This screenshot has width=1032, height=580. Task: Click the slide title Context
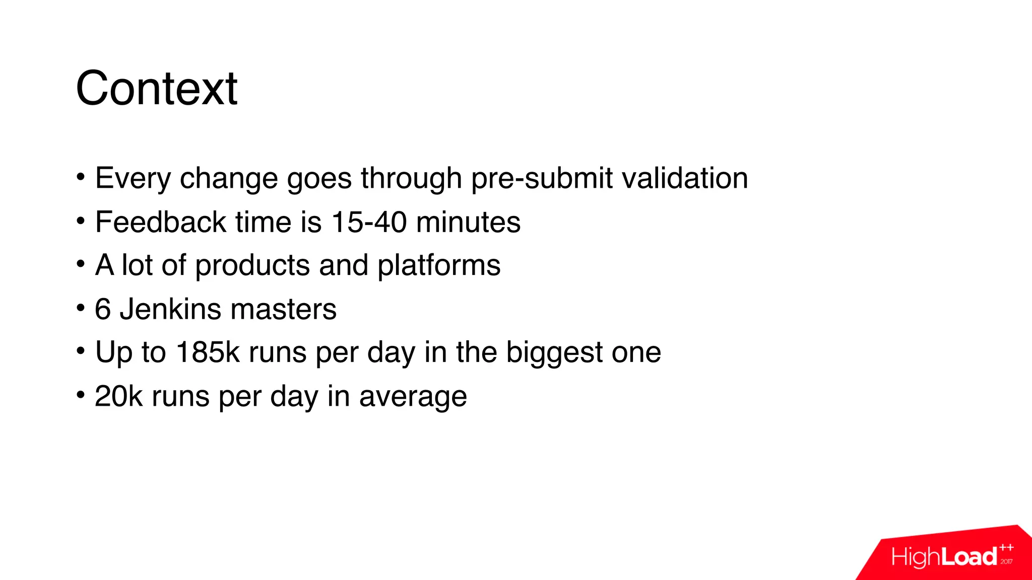coord(156,89)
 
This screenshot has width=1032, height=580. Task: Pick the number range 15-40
coord(369,222)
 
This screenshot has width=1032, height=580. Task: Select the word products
coord(252,265)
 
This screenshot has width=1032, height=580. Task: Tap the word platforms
coord(439,265)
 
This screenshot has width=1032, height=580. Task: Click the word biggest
coord(554,352)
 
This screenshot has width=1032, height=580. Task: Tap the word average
coord(413,396)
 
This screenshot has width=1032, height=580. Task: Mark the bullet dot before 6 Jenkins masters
coord(81,307)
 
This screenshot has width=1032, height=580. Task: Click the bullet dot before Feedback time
coord(81,220)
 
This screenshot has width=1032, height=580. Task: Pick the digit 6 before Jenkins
coord(103,309)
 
